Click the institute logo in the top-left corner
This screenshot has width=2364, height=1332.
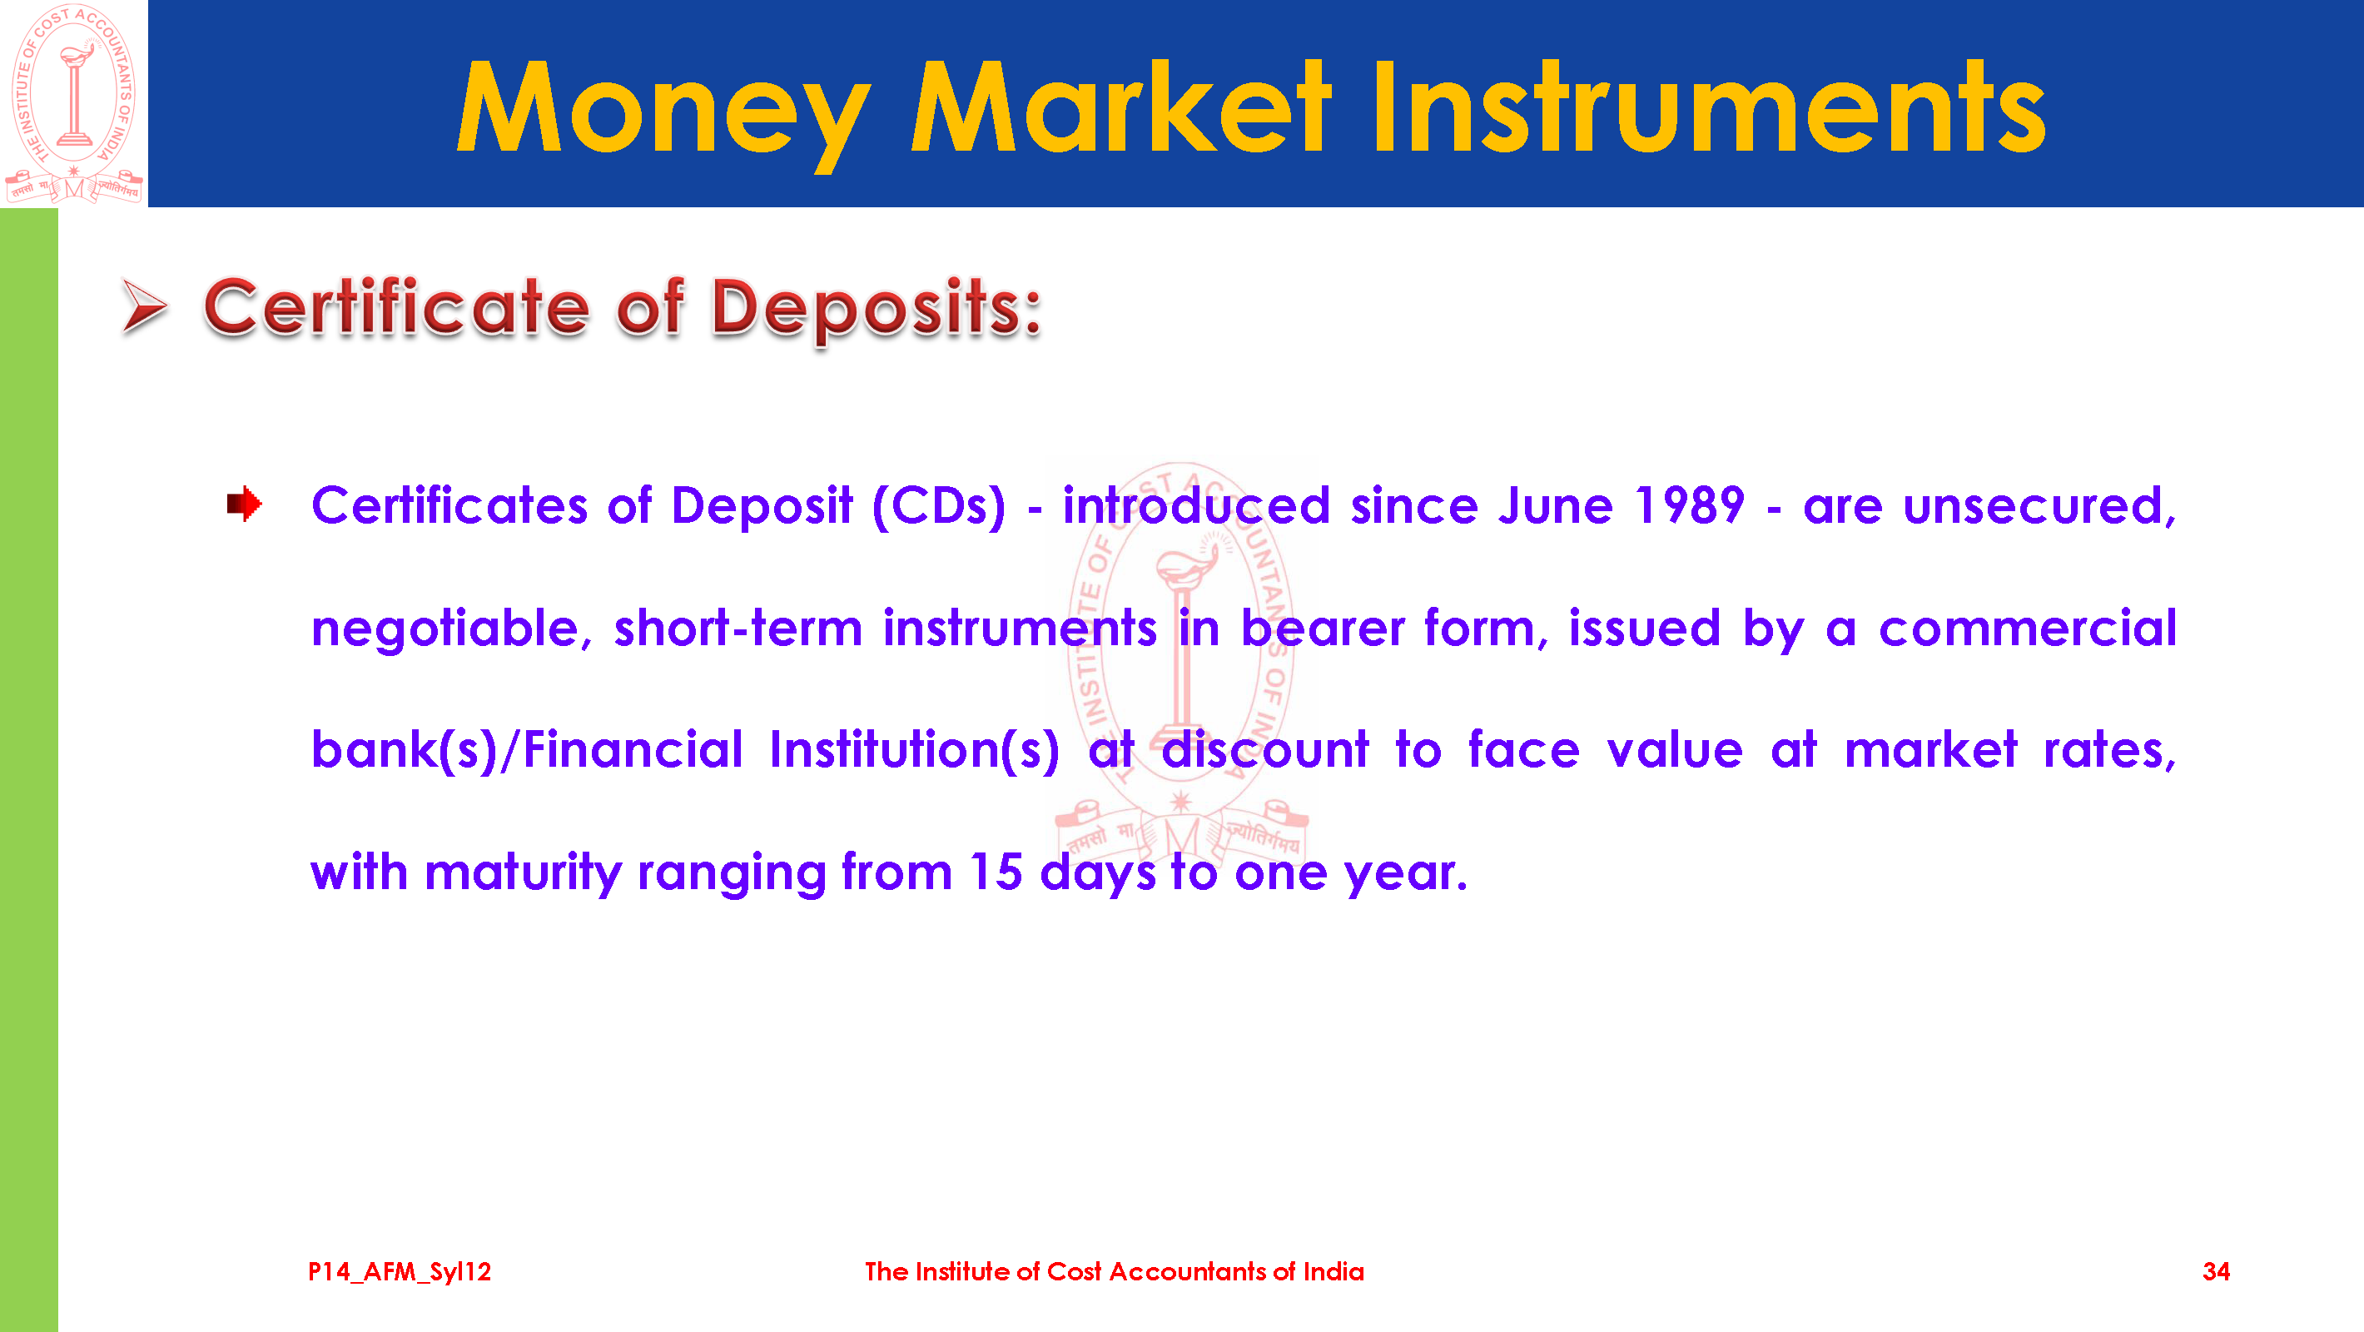(73, 103)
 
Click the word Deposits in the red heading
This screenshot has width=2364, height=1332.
(877, 309)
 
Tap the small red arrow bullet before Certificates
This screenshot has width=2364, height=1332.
(244, 504)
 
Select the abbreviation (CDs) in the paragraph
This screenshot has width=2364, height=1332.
(939, 506)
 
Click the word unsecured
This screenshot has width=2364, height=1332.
(2039, 507)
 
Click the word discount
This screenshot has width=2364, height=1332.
(1265, 749)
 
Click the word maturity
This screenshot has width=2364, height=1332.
(523, 873)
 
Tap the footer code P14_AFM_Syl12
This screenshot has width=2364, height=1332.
(400, 1271)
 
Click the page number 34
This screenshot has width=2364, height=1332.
(2216, 1271)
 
